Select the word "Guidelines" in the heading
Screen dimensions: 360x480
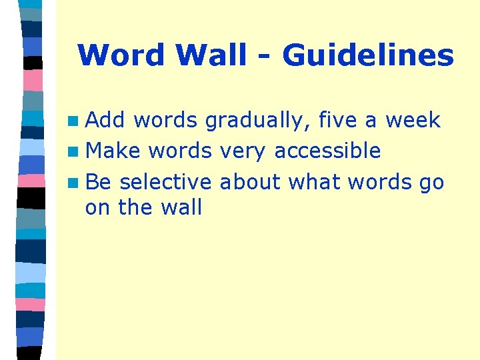point(368,55)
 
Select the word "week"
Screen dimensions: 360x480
point(413,120)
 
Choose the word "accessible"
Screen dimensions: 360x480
point(327,151)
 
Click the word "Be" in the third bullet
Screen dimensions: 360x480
point(99,181)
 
